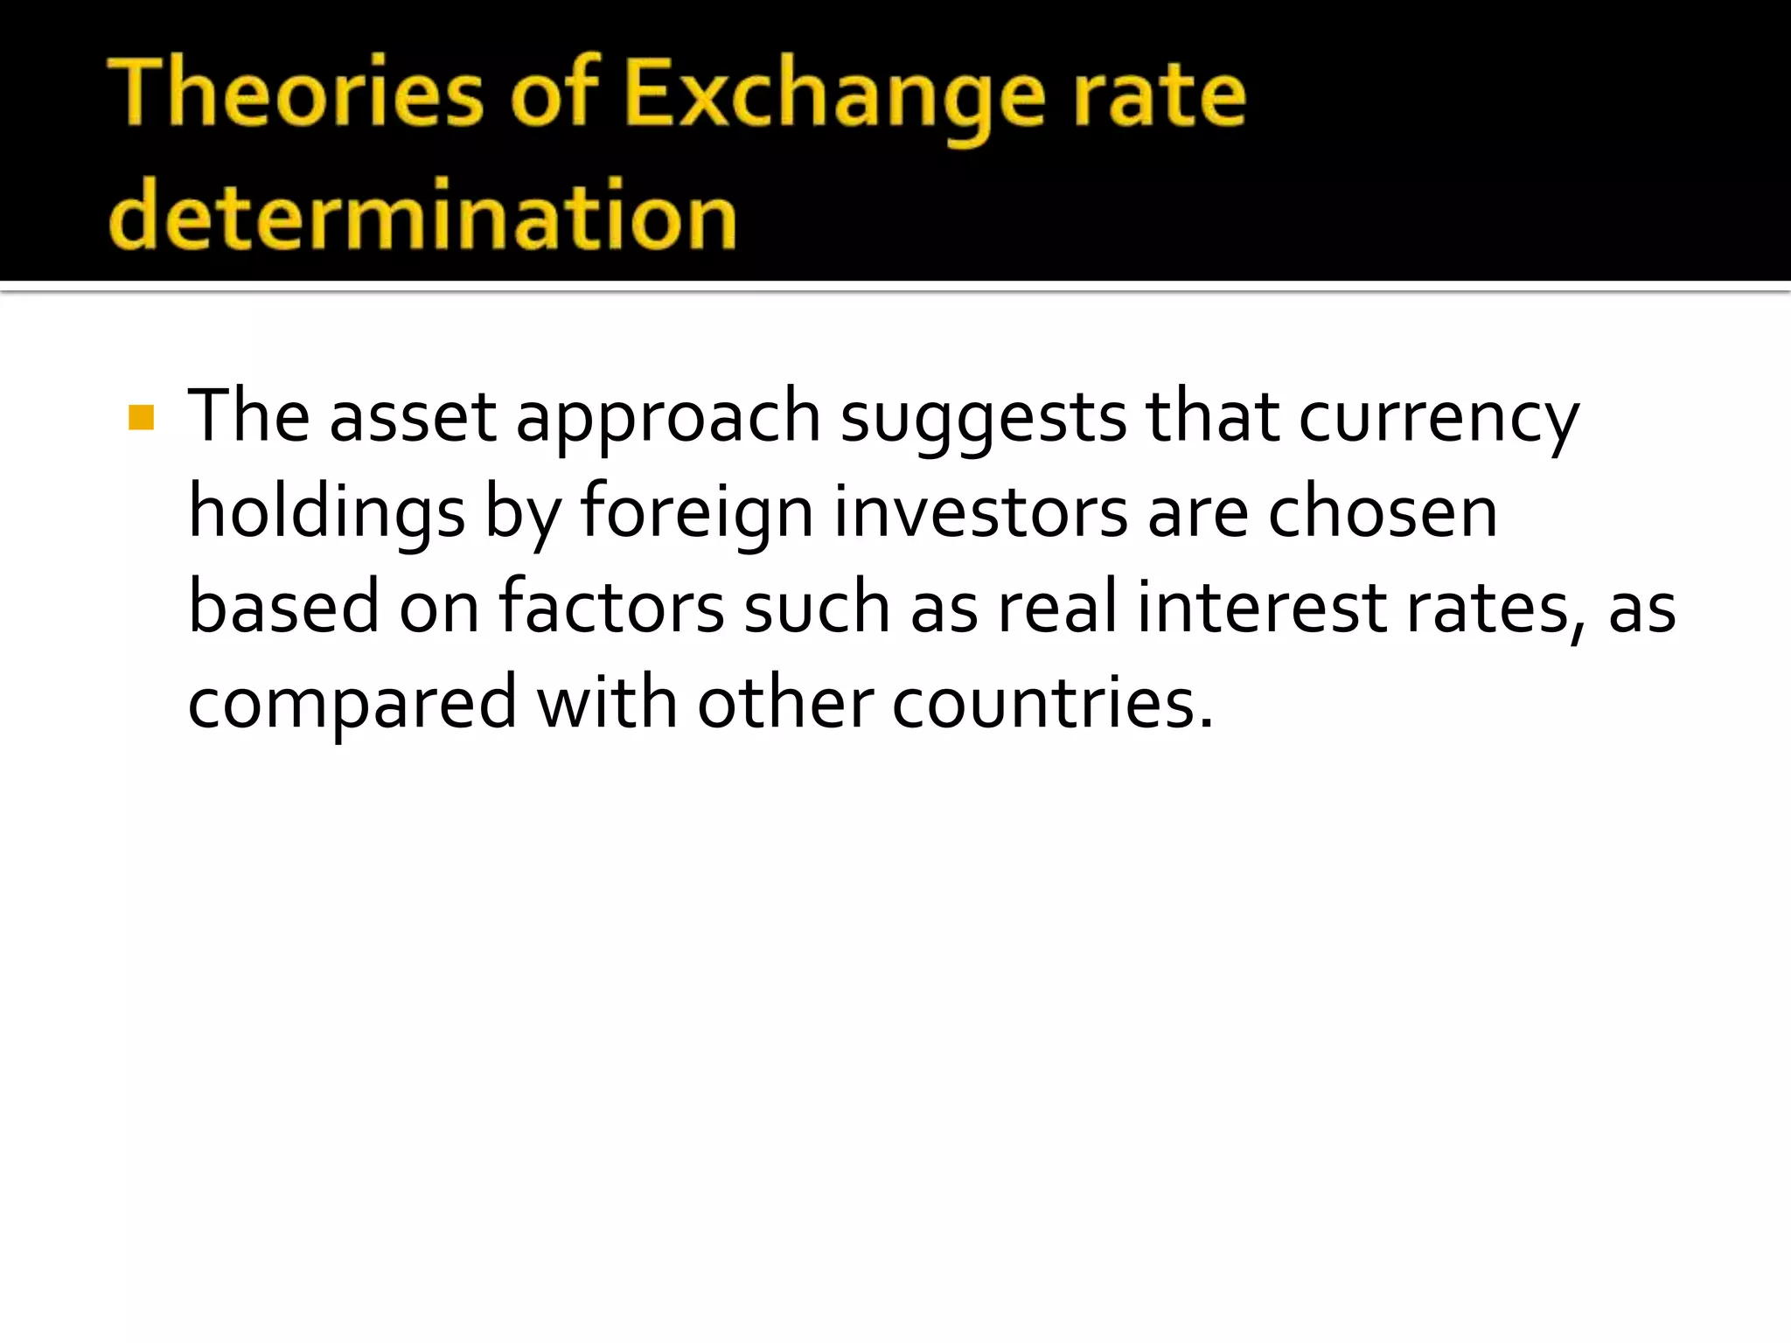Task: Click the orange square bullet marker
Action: click(x=141, y=418)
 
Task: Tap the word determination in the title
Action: click(x=423, y=215)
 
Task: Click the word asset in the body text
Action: click(x=413, y=417)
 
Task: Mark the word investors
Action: click(x=980, y=513)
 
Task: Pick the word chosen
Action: click(x=1383, y=513)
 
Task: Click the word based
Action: click(x=283, y=608)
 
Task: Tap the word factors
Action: click(x=611, y=608)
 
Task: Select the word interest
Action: click(x=1262, y=608)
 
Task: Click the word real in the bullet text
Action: click(x=1057, y=608)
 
